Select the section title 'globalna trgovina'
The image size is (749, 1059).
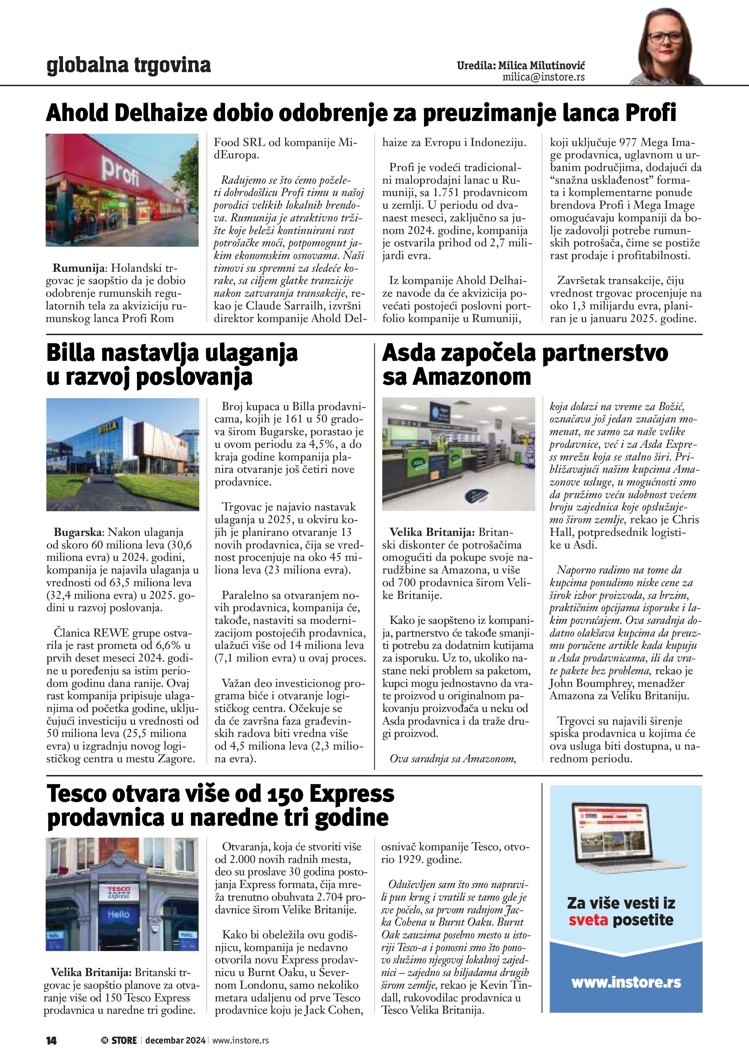(x=129, y=65)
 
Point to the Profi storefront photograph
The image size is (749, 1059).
(x=122, y=190)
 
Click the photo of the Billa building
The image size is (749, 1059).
(x=123, y=454)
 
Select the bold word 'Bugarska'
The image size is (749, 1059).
(x=79, y=532)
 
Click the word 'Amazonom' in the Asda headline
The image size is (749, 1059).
(x=472, y=376)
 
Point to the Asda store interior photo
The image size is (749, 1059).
(x=458, y=454)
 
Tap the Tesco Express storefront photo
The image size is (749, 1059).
(x=122, y=895)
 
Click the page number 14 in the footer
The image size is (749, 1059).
(x=51, y=1040)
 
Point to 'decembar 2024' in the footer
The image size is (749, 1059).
(x=175, y=1040)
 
